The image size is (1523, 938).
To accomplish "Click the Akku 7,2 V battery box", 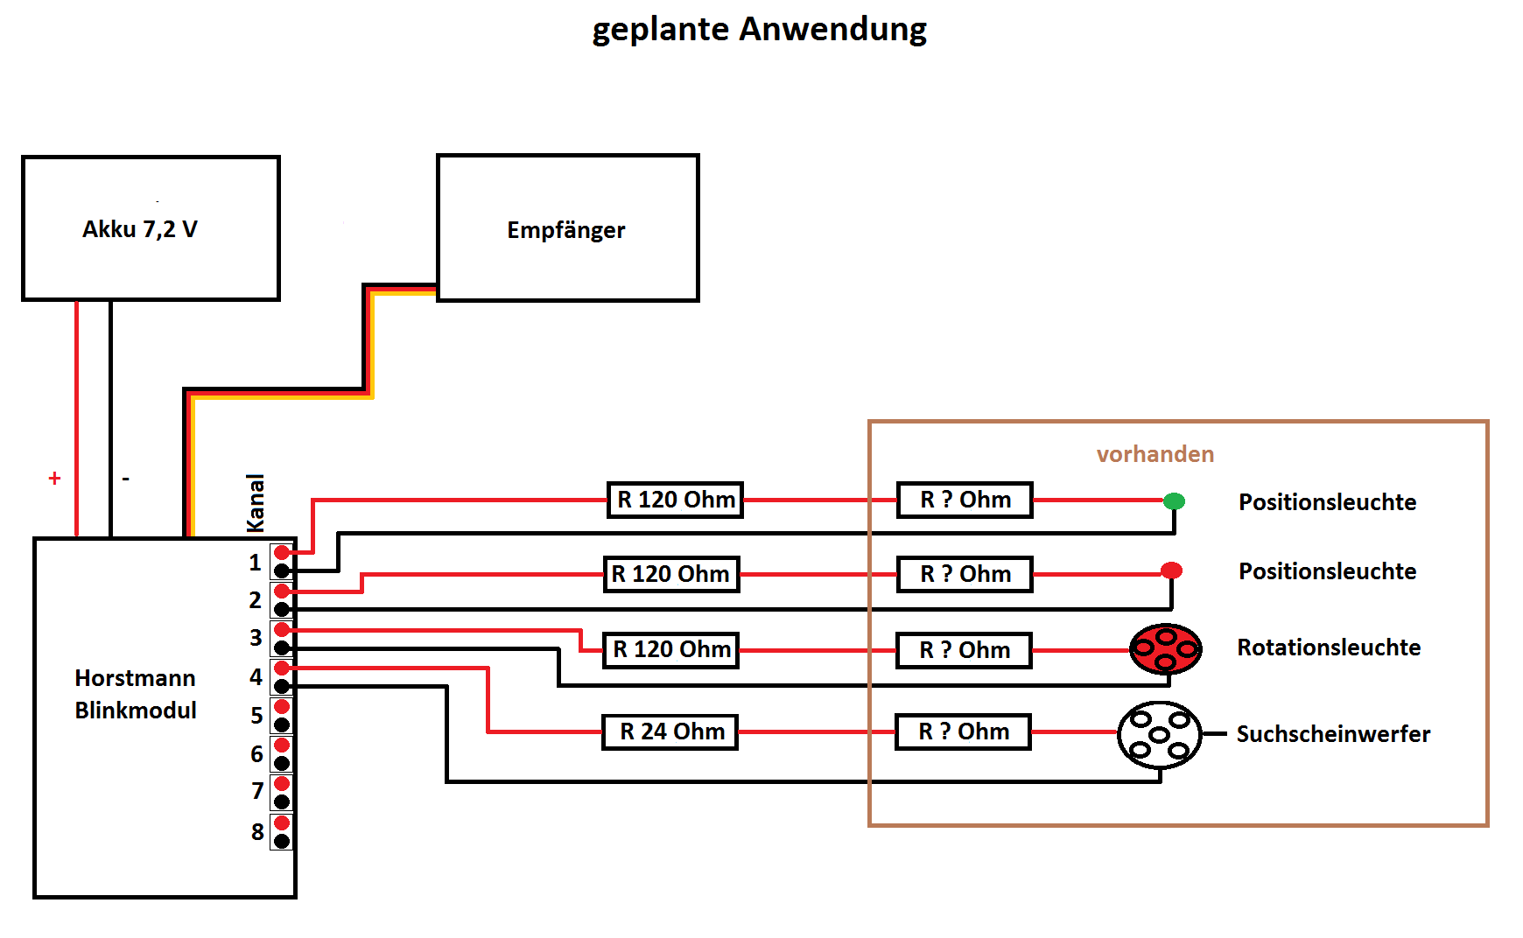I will point(151,228).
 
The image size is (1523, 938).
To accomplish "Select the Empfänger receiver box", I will point(567,228).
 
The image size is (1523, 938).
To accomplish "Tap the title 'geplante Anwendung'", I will point(759,29).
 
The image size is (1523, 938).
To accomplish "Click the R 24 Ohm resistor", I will point(670,731).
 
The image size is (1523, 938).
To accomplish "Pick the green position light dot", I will point(1174,500).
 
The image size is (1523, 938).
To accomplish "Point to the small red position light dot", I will point(1171,570).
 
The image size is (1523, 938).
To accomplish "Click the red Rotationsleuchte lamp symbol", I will point(1165,648).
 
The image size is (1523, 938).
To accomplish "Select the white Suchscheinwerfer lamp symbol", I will point(1159,735).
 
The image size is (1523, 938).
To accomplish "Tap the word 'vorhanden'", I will point(1155,454).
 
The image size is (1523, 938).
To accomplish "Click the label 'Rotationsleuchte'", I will point(1328,647).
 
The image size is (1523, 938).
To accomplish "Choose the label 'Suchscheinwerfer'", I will point(1332,734).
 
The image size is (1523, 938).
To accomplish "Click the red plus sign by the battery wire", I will point(54,478).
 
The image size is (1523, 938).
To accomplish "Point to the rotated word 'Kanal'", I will point(255,502).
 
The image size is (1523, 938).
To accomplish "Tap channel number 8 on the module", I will point(257,831).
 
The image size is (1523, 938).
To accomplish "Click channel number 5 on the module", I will point(256,715).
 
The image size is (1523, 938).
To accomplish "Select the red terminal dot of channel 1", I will point(282,552).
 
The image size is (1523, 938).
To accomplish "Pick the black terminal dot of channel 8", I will point(282,841).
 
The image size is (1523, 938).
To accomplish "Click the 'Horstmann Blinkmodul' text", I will point(135,694).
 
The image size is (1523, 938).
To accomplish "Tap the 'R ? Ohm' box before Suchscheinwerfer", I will point(963,731).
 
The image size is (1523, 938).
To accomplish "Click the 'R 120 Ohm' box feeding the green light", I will point(675,500).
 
